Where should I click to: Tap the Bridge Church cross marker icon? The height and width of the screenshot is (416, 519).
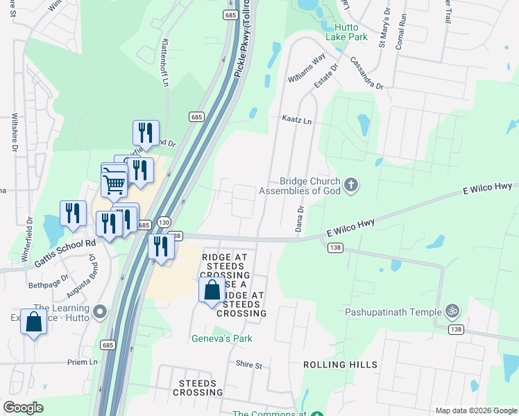pyautogui.click(x=352, y=185)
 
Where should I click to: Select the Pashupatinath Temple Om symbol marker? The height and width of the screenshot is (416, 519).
pyautogui.click(x=452, y=311)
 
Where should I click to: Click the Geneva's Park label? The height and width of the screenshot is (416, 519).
pyautogui.click(x=222, y=338)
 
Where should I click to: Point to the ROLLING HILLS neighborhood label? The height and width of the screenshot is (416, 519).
pyautogui.click(x=340, y=365)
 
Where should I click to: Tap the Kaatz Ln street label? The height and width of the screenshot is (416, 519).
pyautogui.click(x=296, y=121)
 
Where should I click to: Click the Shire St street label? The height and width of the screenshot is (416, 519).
pyautogui.click(x=249, y=365)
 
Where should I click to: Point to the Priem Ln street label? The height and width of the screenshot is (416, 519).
pyautogui.click(x=83, y=362)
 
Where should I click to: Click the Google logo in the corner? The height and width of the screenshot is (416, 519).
pyautogui.click(x=24, y=408)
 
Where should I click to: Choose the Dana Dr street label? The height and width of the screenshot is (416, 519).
pyautogui.click(x=300, y=218)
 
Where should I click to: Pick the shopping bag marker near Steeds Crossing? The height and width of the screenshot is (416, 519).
pyautogui.click(x=212, y=290)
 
